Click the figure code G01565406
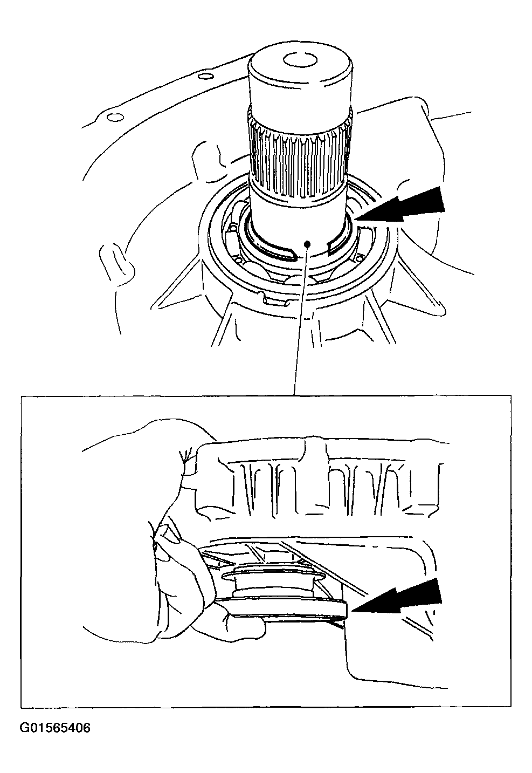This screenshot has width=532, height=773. coord(55,728)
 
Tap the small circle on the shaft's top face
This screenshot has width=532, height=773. coord(300,60)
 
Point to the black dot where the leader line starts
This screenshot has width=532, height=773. coord(308,244)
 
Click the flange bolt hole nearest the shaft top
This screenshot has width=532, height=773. coord(206,76)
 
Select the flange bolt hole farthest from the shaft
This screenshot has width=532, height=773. coord(115,118)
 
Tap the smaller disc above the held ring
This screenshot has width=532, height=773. coord(273,576)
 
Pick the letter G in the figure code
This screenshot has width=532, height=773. coord(25,728)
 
